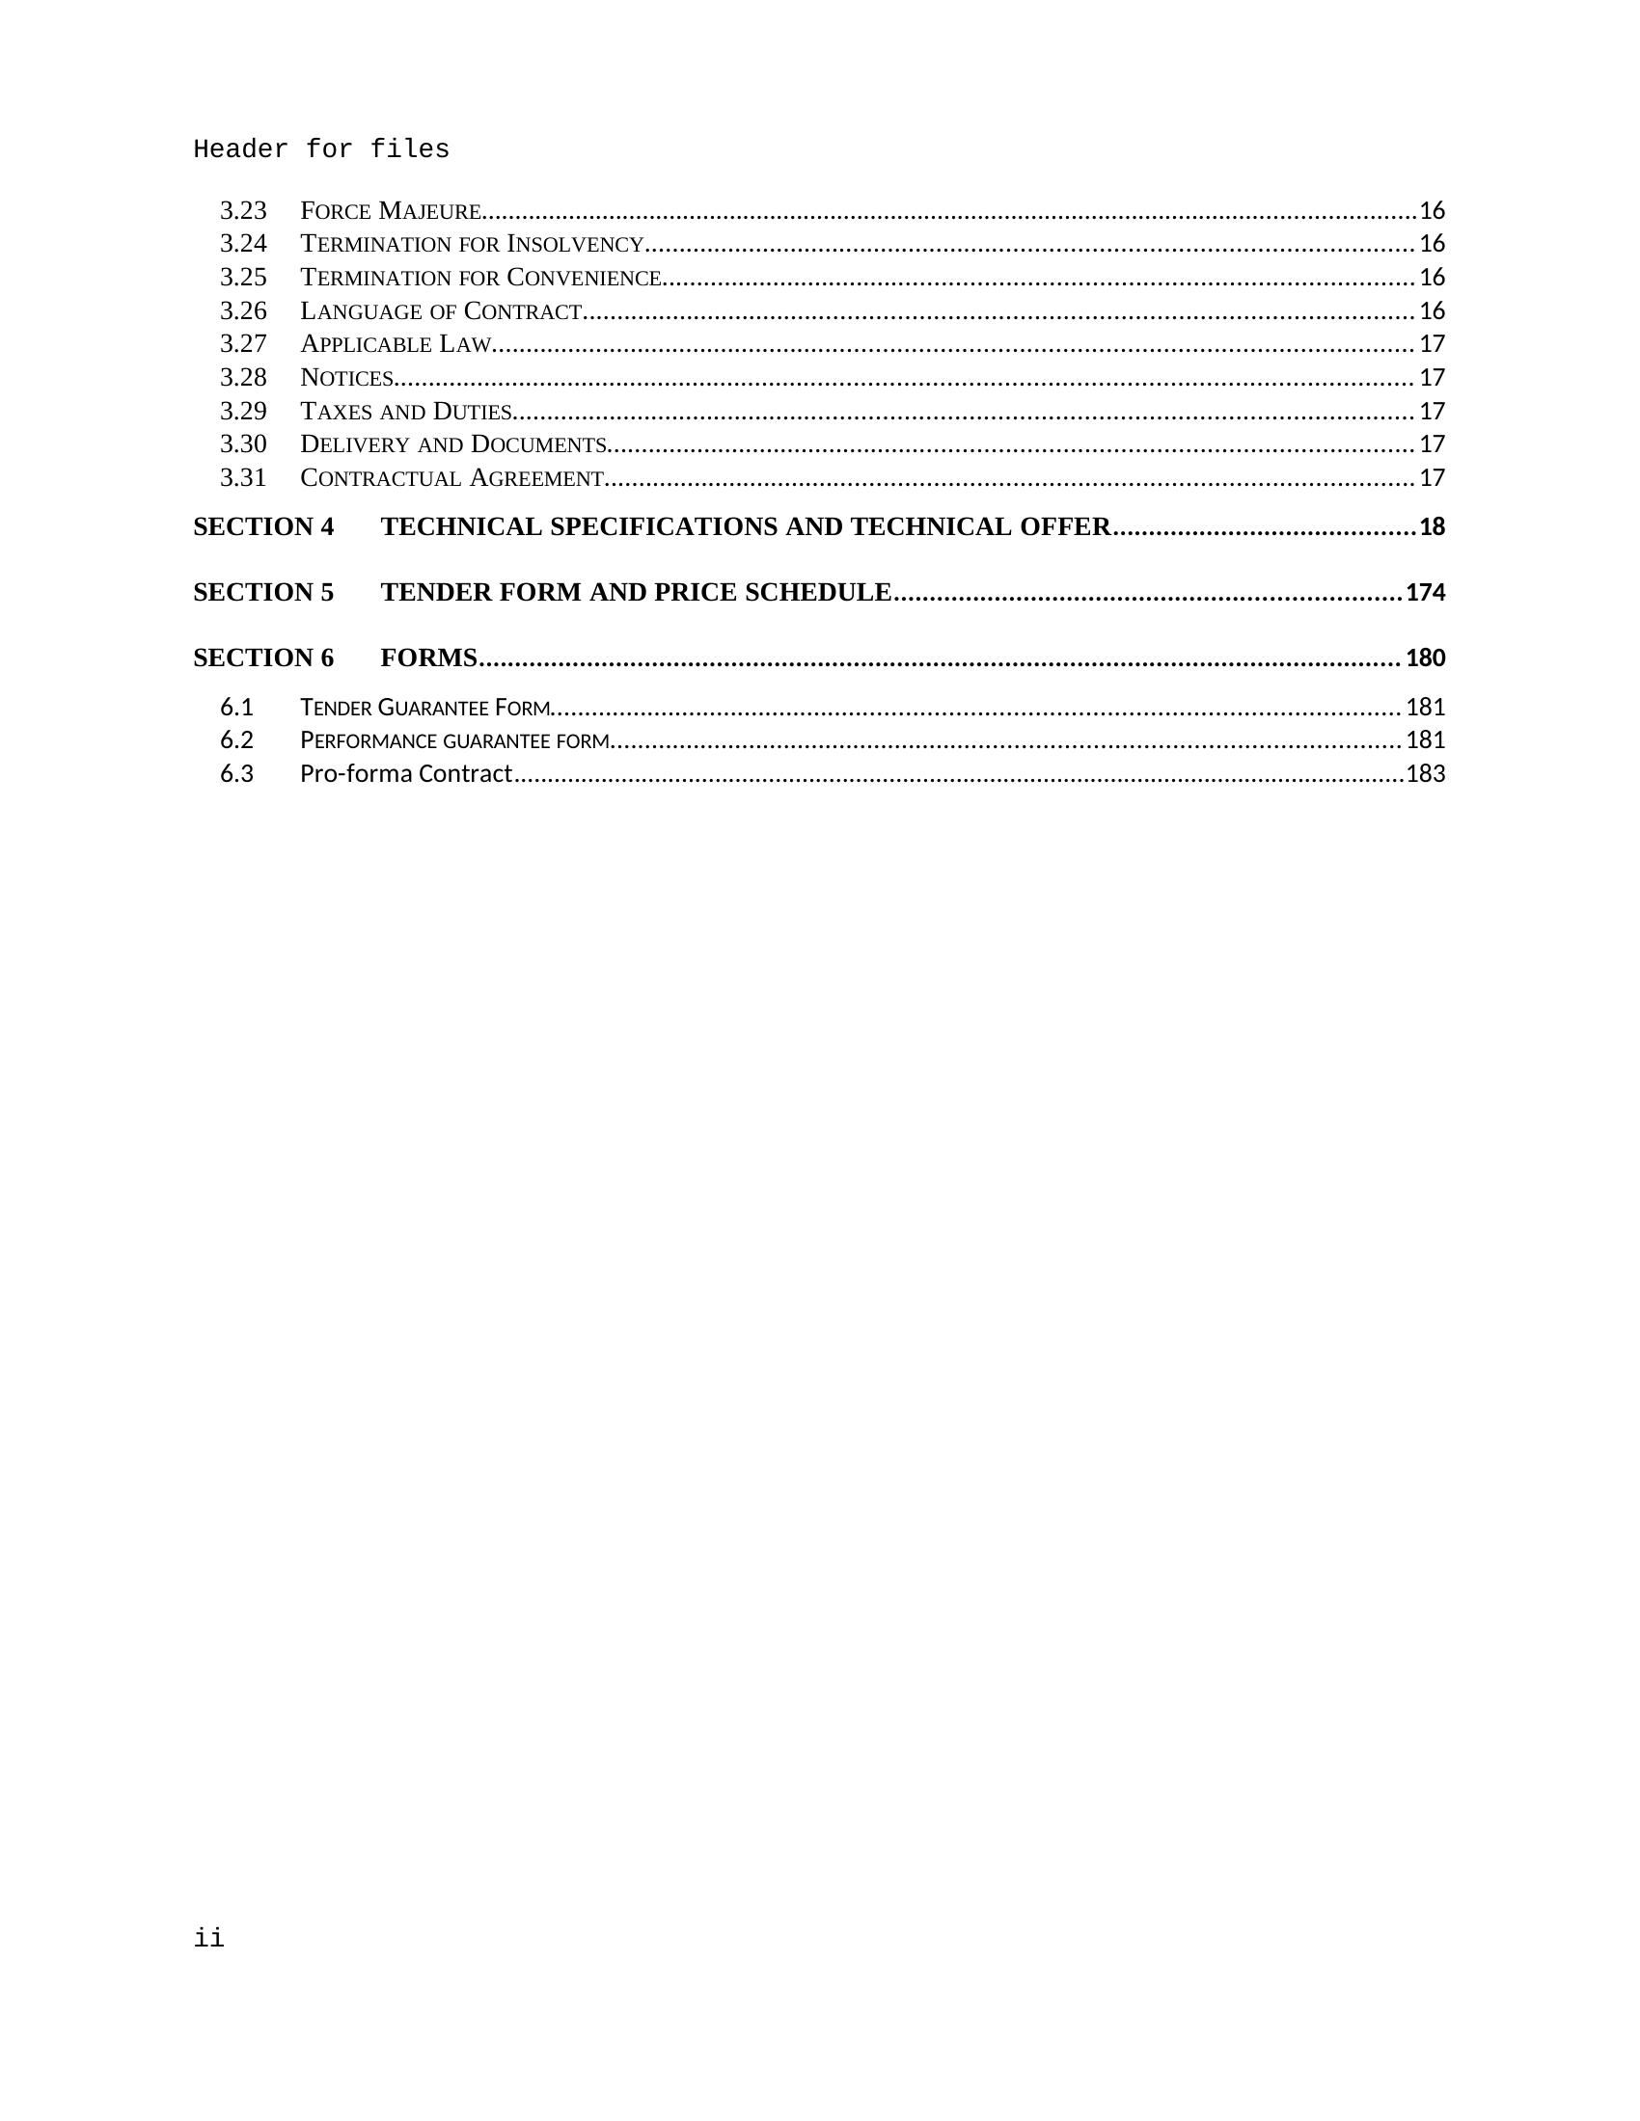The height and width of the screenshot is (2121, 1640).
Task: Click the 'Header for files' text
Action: click(x=320, y=149)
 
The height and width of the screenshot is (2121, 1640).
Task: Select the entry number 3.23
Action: click(x=243, y=211)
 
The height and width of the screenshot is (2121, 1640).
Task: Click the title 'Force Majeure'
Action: click(x=391, y=211)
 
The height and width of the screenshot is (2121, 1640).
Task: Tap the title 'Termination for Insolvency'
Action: click(x=472, y=244)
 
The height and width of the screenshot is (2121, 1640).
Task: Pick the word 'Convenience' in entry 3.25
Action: click(x=584, y=278)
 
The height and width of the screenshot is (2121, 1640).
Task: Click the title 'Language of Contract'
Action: click(x=441, y=310)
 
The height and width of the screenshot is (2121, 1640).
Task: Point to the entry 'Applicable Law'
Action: click(x=396, y=344)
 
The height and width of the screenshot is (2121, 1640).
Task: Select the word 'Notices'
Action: click(x=347, y=378)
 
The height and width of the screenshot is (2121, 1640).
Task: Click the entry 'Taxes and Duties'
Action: click(x=406, y=411)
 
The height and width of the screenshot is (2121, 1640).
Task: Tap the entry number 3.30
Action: click(x=243, y=443)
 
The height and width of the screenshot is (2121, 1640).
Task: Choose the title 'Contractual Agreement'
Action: click(x=452, y=478)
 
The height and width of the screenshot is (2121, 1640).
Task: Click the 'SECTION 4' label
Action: click(x=263, y=526)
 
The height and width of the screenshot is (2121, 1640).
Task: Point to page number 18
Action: click(x=1432, y=527)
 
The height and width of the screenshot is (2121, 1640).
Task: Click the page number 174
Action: click(x=1425, y=592)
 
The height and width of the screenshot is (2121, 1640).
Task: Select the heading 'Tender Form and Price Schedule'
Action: click(x=636, y=592)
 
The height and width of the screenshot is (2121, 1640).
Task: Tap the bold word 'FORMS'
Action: click(x=428, y=658)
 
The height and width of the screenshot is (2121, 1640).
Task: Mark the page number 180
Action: click(x=1425, y=658)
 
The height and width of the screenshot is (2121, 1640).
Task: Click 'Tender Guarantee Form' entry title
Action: click(x=425, y=707)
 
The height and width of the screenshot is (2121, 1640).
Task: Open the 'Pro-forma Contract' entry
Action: click(x=406, y=774)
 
